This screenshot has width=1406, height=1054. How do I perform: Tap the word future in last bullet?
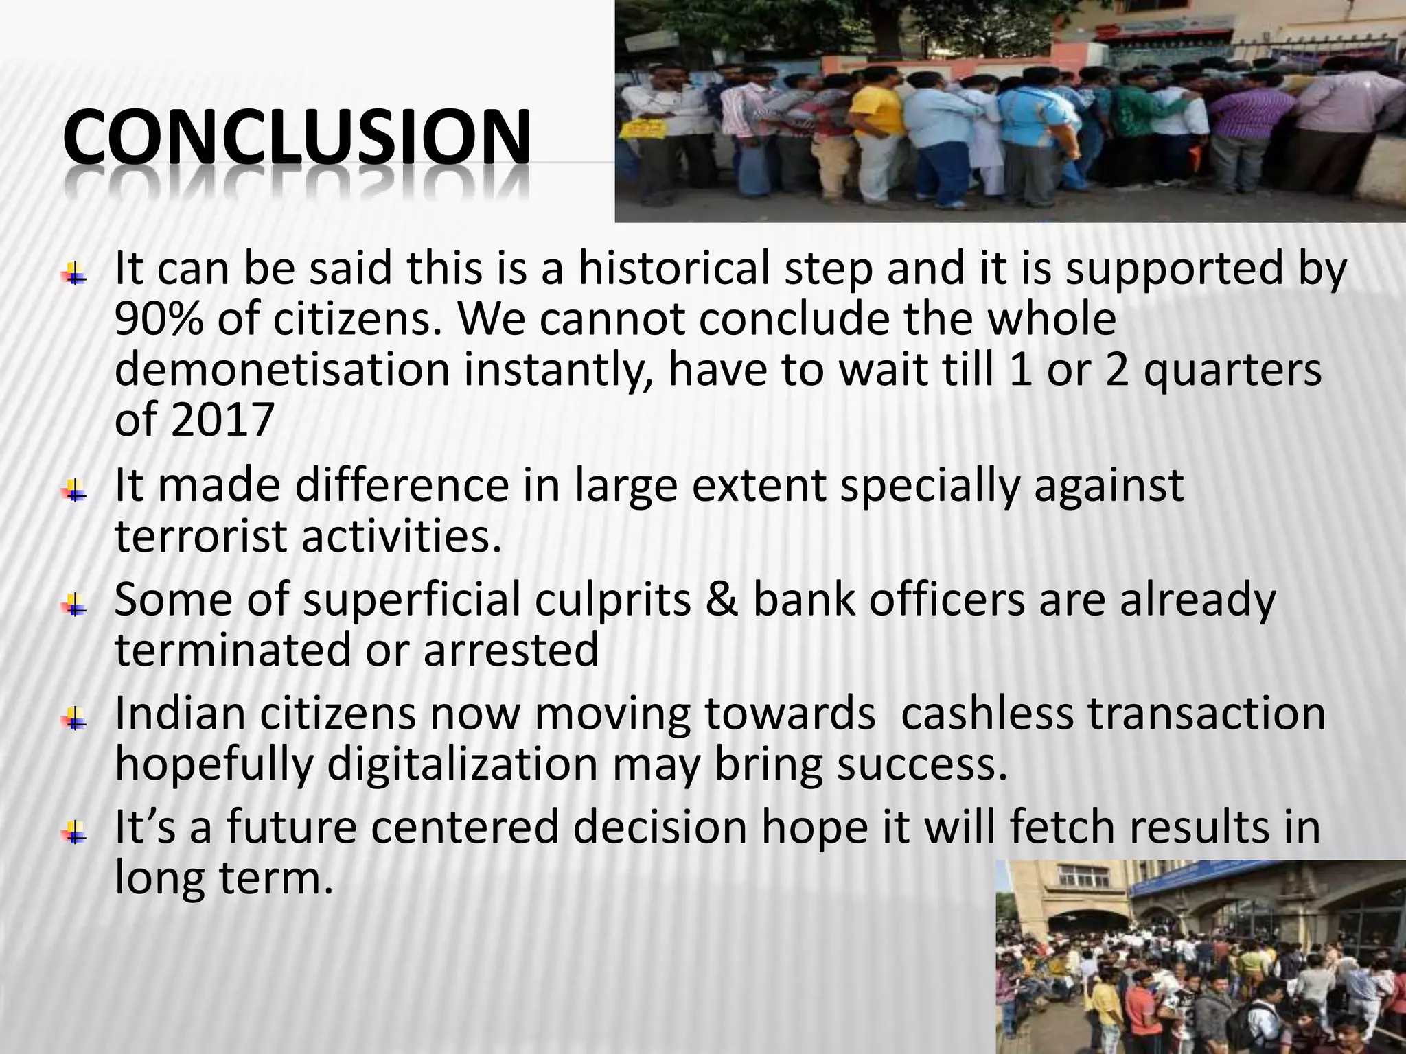coord(290,828)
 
